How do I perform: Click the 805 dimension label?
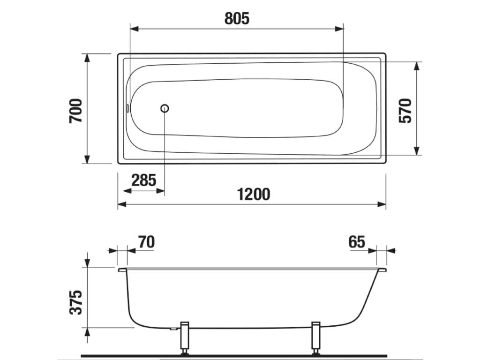coord(237,18)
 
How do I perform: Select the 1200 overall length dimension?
coord(254,194)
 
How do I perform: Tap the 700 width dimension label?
coord(76,111)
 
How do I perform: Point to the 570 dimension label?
coord(405,111)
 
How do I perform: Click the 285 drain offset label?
coord(144,180)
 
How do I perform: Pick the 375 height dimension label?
coord(76,302)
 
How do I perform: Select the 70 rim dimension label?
coord(146,242)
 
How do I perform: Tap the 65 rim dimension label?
coord(357,242)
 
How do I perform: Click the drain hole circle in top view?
coord(165,108)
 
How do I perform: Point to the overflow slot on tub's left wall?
coord(128,108)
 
